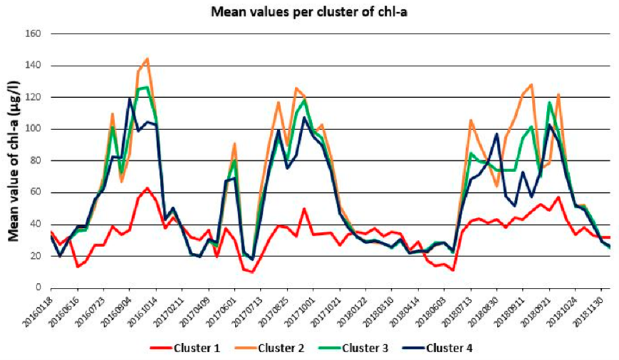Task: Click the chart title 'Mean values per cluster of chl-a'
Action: tap(308, 12)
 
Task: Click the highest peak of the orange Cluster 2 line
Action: tap(147, 59)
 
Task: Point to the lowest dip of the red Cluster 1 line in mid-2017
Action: tap(252, 271)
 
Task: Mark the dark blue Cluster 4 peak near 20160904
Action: tap(129, 99)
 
